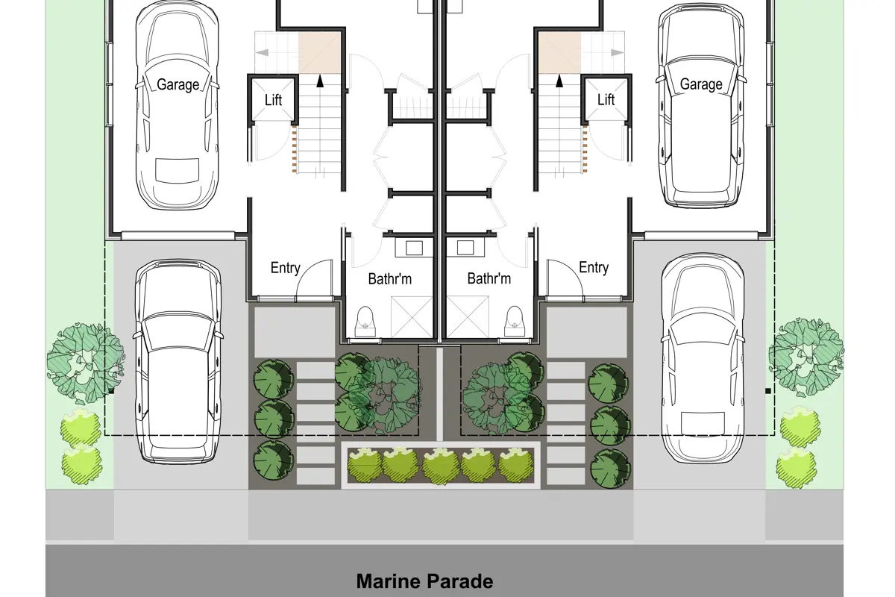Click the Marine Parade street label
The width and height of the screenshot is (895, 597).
click(424, 581)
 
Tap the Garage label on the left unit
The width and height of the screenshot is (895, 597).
click(178, 85)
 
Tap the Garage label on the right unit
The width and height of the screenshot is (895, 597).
click(701, 84)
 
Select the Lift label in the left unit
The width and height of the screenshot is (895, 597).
click(273, 100)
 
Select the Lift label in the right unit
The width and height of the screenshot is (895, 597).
click(606, 100)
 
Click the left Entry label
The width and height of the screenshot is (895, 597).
click(285, 268)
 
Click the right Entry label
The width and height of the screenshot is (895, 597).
click(594, 267)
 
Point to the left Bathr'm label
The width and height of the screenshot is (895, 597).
click(390, 278)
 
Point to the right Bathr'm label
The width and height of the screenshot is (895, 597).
click(489, 278)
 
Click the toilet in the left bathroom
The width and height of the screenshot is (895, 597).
click(365, 322)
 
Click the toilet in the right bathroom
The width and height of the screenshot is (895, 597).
click(515, 322)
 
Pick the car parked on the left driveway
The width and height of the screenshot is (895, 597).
click(178, 361)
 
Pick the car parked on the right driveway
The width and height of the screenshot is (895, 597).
click(703, 358)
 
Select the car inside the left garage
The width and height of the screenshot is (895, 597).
click(178, 104)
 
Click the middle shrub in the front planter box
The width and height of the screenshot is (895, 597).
click(439, 465)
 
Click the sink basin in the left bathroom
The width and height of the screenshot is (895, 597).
click(415, 248)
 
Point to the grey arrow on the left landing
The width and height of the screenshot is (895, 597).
click(262, 52)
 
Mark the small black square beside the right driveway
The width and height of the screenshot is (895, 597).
click(768, 391)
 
